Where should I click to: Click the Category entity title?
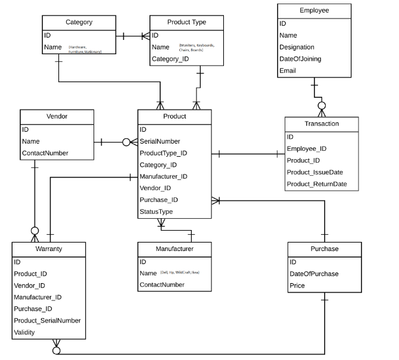pyautogui.click(x=79, y=22)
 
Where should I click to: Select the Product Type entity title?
pyautogui.click(x=186, y=22)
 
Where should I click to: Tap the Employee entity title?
pyautogui.click(x=314, y=11)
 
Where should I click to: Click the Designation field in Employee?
pyautogui.click(x=297, y=47)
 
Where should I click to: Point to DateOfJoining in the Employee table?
pyautogui.click(x=301, y=59)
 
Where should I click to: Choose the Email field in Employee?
pyautogui.click(x=288, y=71)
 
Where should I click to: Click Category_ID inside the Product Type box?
pyautogui.click(x=170, y=59)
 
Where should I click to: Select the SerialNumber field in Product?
pyautogui.click(x=160, y=141)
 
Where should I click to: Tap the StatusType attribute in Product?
pyautogui.click(x=156, y=212)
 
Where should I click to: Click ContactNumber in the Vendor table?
pyautogui.click(x=45, y=153)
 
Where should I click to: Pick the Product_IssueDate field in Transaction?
pyautogui.click(x=314, y=172)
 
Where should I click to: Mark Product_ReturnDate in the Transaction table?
pyautogui.click(x=317, y=184)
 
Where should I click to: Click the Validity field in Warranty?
pyautogui.click(x=25, y=332)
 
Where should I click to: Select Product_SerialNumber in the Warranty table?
pyautogui.click(x=47, y=320)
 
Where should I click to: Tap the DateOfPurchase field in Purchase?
pyautogui.click(x=314, y=274)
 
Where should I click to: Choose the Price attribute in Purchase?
pyautogui.click(x=297, y=285)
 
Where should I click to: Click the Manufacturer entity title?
pyautogui.click(x=174, y=249)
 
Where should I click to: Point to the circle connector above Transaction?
pyautogui.click(x=322, y=106)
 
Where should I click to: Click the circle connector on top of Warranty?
pyautogui.click(x=35, y=231)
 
